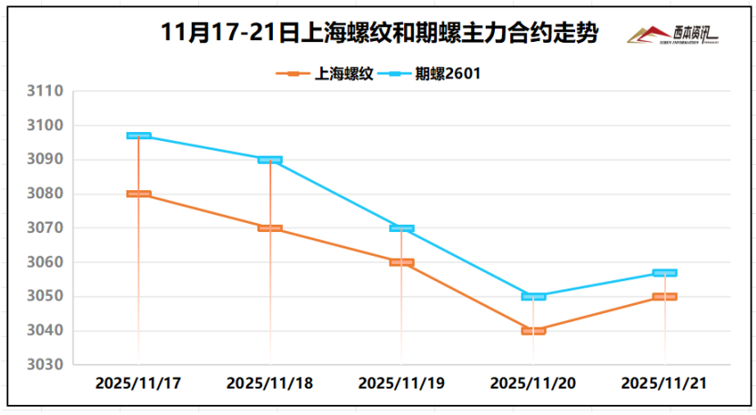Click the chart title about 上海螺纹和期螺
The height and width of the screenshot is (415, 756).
pyautogui.click(x=378, y=34)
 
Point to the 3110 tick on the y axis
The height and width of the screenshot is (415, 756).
pyautogui.click(x=45, y=92)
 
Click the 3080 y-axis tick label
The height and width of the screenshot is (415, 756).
pyautogui.click(x=45, y=194)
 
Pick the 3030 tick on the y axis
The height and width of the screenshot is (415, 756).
pyautogui.click(x=45, y=365)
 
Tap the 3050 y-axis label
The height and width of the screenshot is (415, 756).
pyautogui.click(x=45, y=297)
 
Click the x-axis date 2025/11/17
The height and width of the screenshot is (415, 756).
pyautogui.click(x=138, y=383)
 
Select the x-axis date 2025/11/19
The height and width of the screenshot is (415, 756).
pyautogui.click(x=401, y=383)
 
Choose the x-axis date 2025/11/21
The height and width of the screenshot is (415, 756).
pyautogui.click(x=664, y=383)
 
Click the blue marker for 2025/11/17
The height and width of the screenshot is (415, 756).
pyautogui.click(x=139, y=136)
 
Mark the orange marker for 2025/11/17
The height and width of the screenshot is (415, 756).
pyautogui.click(x=139, y=194)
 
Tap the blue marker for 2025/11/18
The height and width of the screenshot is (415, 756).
pyautogui.click(x=270, y=159)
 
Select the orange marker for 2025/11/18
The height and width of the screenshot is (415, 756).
pyautogui.click(x=270, y=228)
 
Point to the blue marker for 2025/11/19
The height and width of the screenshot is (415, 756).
pyautogui.click(x=402, y=228)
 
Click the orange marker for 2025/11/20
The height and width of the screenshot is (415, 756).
pyautogui.click(x=533, y=330)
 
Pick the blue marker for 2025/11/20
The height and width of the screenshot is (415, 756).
pyautogui.click(x=533, y=297)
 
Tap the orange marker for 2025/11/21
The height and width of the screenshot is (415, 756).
pyautogui.click(x=665, y=297)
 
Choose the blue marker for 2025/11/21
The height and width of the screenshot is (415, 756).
pyautogui.click(x=665, y=273)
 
